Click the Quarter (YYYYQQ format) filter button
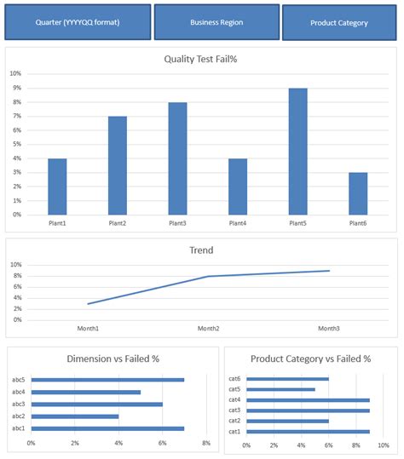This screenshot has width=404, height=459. click(78, 22)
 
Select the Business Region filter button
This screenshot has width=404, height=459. click(216, 22)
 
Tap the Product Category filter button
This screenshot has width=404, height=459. click(339, 22)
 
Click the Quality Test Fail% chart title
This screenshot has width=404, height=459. click(200, 59)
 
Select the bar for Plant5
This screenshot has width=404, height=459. click(298, 152)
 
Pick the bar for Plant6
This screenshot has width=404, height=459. click(358, 194)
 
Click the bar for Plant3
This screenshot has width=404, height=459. click(177, 158)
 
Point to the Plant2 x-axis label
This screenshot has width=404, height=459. click(117, 223)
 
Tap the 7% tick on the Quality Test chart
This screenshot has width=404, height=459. click(17, 116)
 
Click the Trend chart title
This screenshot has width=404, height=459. click(201, 250)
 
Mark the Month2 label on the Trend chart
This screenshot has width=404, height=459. click(208, 329)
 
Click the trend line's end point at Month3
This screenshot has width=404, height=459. click(330, 271)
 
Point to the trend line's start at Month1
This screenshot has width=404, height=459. click(88, 304)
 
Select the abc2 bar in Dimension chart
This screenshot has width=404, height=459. click(75, 416)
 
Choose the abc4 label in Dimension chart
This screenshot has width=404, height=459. click(19, 392)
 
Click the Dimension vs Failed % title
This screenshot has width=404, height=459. click(113, 359)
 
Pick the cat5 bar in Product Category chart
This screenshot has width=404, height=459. click(280, 390)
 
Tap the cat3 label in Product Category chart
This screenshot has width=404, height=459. click(234, 410)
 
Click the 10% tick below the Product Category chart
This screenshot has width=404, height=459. click(384, 445)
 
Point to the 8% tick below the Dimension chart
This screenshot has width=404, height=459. click(206, 443)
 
